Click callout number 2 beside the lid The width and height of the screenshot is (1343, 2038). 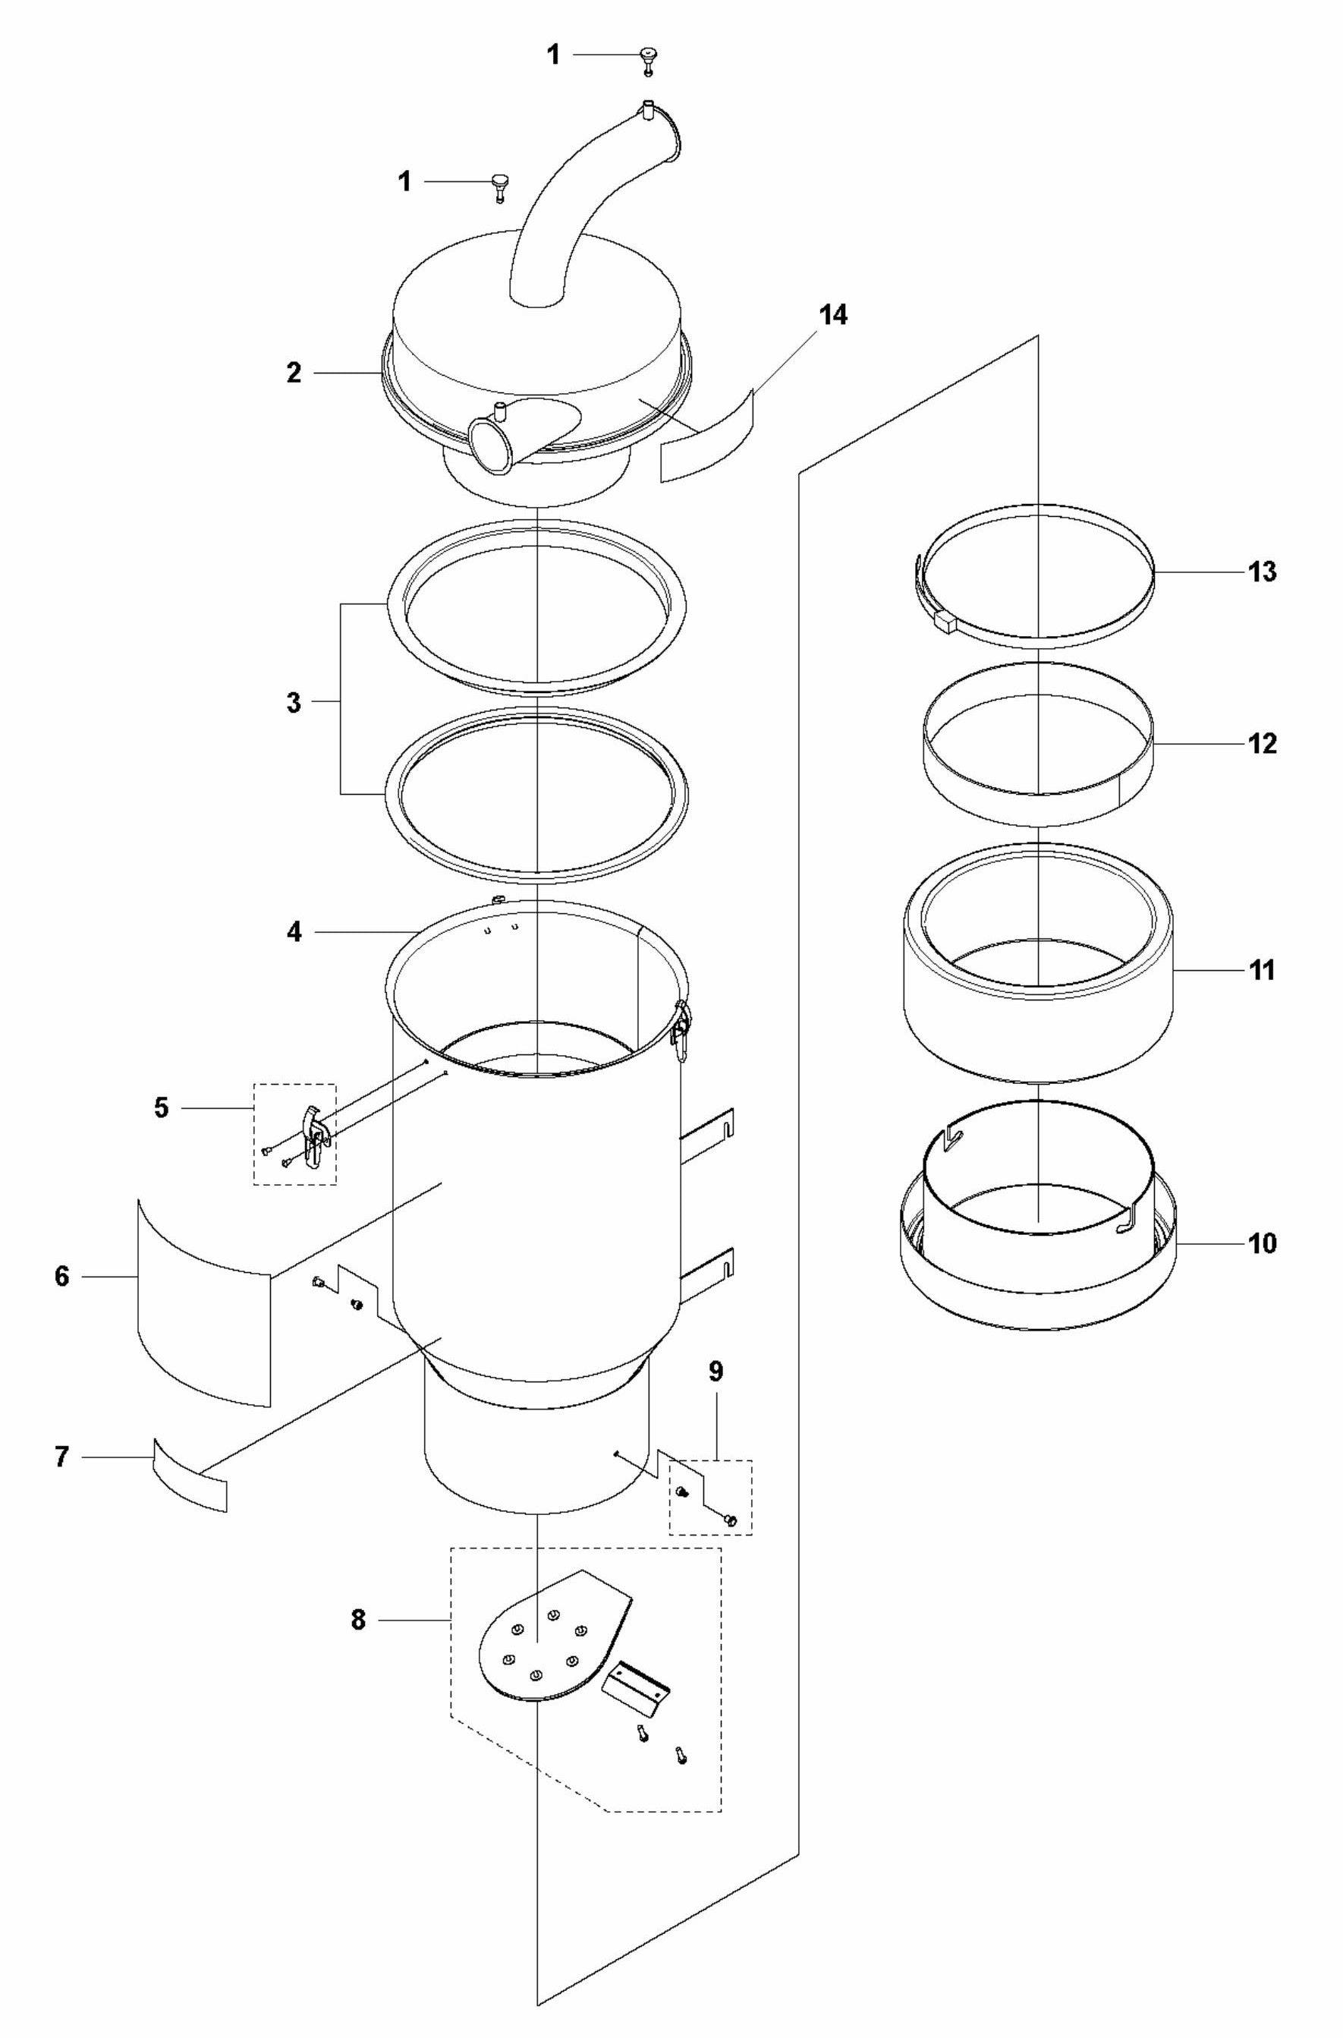(x=294, y=373)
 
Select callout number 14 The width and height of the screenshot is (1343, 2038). (x=832, y=315)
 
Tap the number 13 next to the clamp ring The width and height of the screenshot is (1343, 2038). (x=1262, y=572)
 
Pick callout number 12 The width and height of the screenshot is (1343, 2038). (x=1262, y=744)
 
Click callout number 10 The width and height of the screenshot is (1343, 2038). (x=1262, y=1243)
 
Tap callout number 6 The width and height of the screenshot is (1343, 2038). (x=61, y=1277)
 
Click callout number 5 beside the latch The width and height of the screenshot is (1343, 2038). (x=161, y=1108)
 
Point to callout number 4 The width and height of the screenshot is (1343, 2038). (x=294, y=932)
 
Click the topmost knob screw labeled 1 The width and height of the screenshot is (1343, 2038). (x=649, y=60)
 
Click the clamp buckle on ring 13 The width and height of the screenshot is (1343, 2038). (x=945, y=619)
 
